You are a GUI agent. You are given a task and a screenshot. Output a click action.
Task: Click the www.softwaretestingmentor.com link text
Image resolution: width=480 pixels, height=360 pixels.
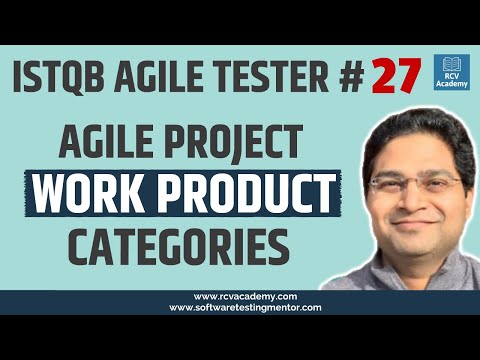[x=239, y=308]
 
